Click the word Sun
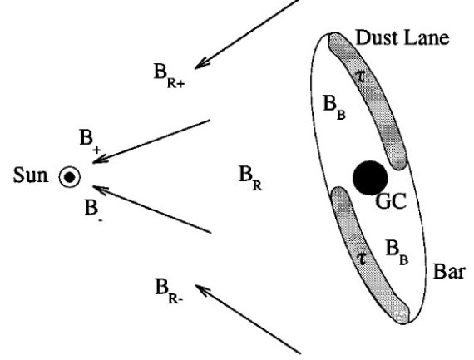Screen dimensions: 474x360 click(x=31, y=175)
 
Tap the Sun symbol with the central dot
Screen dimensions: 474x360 click(x=70, y=177)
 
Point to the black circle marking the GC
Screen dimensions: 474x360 click(x=370, y=178)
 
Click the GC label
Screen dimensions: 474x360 click(x=391, y=201)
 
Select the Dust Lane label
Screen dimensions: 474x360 click(x=402, y=37)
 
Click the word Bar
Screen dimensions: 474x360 click(x=448, y=271)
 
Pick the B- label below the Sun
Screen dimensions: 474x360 click(x=93, y=210)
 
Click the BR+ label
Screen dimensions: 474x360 click(x=169, y=76)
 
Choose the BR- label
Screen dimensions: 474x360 click(x=169, y=291)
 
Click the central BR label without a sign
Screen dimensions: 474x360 click(x=250, y=178)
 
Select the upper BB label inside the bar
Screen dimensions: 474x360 click(x=334, y=107)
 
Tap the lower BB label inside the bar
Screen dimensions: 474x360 click(x=397, y=253)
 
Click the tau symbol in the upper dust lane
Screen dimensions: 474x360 click(x=360, y=76)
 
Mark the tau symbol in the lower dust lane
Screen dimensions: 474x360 click(x=361, y=259)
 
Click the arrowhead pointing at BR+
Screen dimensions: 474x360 click(x=201, y=64)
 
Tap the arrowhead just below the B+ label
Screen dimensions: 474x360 click(x=100, y=159)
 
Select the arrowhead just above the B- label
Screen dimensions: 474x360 click(x=101, y=190)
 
